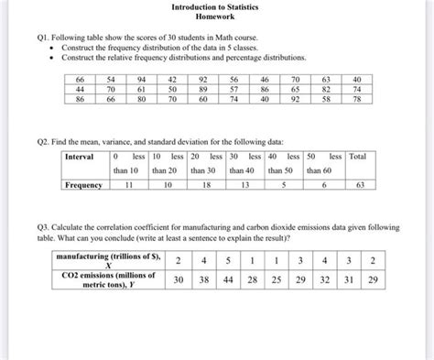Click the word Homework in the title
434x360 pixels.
[216, 17]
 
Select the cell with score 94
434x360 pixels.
[142, 81]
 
